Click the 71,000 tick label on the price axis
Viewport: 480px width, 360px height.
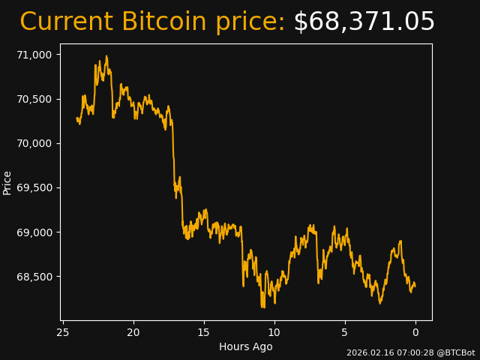[x=35, y=55]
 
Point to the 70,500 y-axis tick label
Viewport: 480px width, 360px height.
[x=35, y=99]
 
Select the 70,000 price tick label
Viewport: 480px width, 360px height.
[x=35, y=143]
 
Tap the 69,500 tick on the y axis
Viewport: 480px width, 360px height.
[x=35, y=187]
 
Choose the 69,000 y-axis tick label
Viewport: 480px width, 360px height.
[x=35, y=232]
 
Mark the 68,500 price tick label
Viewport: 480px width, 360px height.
[x=35, y=277]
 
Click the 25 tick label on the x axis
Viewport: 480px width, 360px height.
[x=63, y=332]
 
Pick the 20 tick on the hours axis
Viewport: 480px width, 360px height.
[x=133, y=332]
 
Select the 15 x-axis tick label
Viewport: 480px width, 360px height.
[x=204, y=332]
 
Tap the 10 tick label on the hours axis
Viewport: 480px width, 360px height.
[x=274, y=332]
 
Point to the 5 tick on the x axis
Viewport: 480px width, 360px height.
[x=345, y=332]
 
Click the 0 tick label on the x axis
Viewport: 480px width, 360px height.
[x=415, y=332]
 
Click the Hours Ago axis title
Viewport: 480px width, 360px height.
[x=246, y=346]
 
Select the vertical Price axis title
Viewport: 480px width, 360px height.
[x=7, y=183]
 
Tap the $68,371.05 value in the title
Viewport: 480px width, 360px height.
[x=364, y=22]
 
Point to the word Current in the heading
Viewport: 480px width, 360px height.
[x=66, y=22]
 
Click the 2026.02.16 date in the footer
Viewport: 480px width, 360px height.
[x=367, y=352]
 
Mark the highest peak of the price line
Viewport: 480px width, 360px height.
[x=106, y=56]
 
